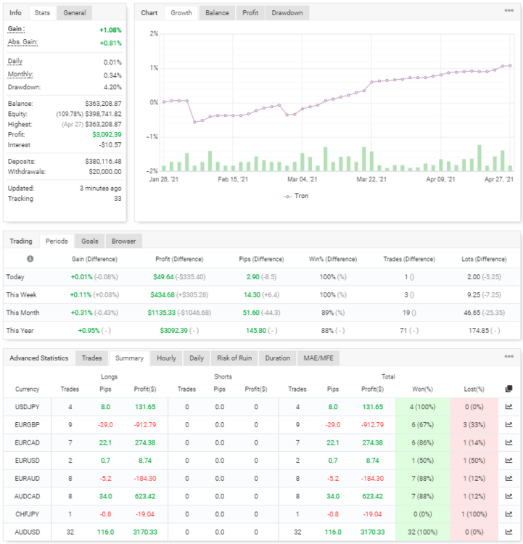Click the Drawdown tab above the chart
pyautogui.click(x=287, y=13)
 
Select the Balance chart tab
pyautogui.click(x=217, y=13)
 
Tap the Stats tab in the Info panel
pyautogui.click(x=42, y=13)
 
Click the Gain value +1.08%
pyautogui.click(x=110, y=30)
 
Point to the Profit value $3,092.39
pyautogui.click(x=107, y=135)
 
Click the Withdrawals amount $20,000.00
pyautogui.click(x=105, y=172)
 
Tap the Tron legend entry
pyautogui.click(x=296, y=196)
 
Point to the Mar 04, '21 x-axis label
pyautogui.click(x=302, y=179)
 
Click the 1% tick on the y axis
pyautogui.click(x=154, y=68)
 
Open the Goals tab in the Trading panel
pyautogui.click(x=89, y=241)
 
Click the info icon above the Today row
pyautogui.click(x=30, y=259)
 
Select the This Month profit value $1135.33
pyautogui.click(x=161, y=313)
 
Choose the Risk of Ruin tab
pyautogui.click(x=234, y=358)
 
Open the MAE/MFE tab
pyautogui.click(x=318, y=358)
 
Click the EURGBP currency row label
pyautogui.click(x=27, y=425)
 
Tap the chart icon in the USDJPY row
pyautogui.click(x=508, y=407)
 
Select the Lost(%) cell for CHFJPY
pyautogui.click(x=474, y=514)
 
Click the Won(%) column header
pyautogui.click(x=422, y=390)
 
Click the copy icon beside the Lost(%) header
pyautogui.click(x=508, y=389)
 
